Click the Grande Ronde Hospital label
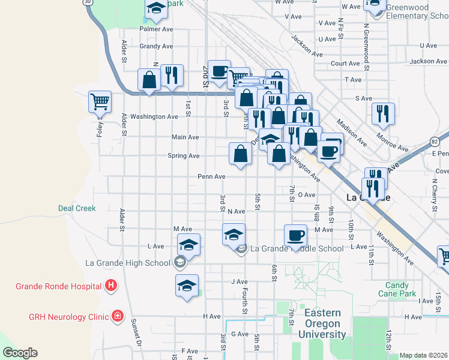pos(58,286)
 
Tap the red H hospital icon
pos(110,286)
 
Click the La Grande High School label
pos(128,263)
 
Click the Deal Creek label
pos(77,208)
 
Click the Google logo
pos(20,353)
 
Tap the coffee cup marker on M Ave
pos(295,235)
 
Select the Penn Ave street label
pos(212,177)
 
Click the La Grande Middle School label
pos(297,248)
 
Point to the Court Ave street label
pos(345,63)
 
